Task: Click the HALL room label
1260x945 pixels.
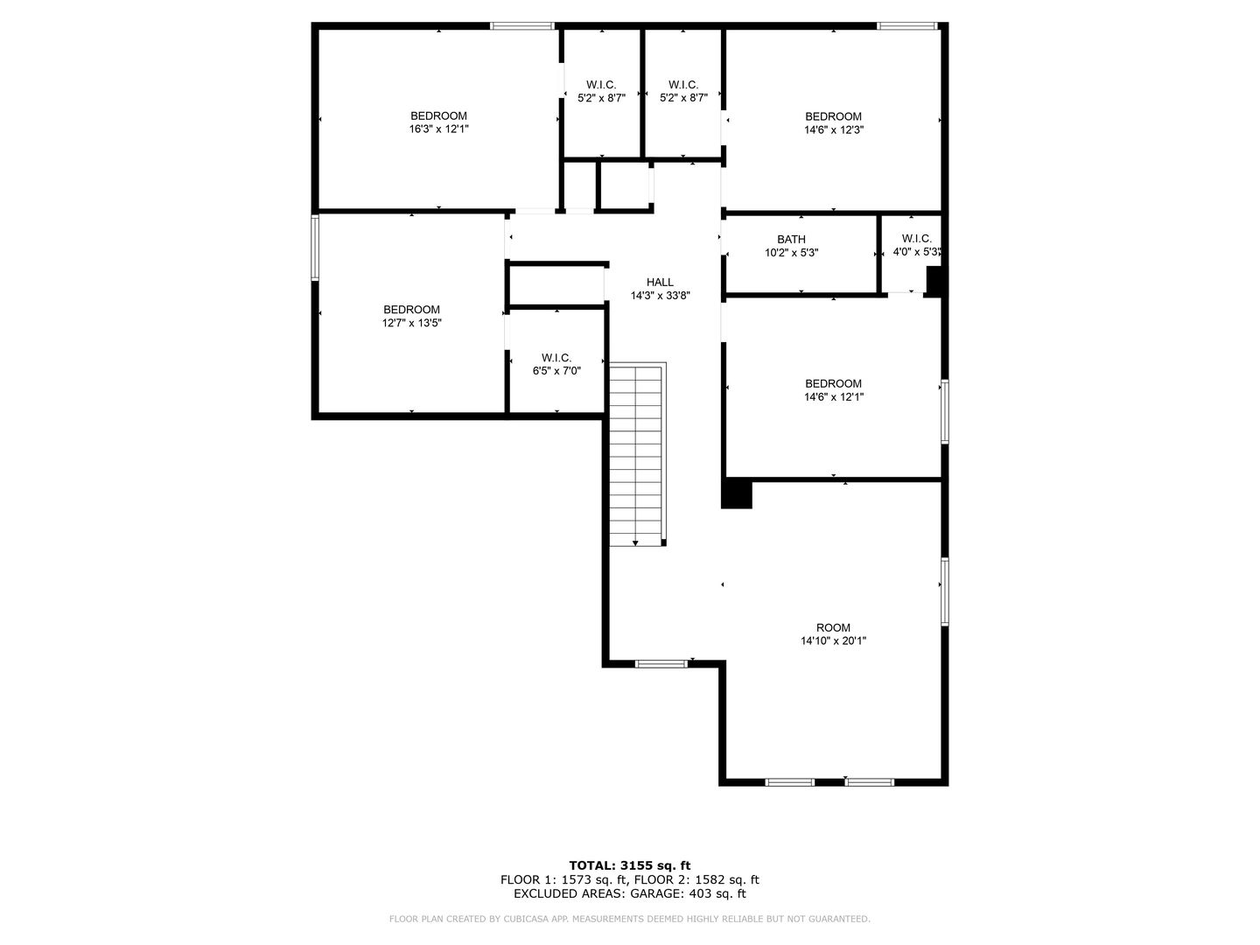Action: click(x=660, y=283)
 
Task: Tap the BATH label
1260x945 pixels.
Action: click(x=791, y=239)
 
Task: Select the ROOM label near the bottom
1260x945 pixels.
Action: click(x=833, y=627)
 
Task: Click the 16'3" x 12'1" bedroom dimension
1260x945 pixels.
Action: click(x=438, y=129)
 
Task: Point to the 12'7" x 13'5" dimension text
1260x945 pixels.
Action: click(x=411, y=323)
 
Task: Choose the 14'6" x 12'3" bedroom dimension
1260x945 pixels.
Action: click(x=834, y=130)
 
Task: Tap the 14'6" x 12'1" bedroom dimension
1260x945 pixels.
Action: click(x=834, y=396)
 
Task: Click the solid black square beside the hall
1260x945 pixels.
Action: click(x=737, y=494)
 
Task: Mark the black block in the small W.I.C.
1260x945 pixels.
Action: click(x=934, y=281)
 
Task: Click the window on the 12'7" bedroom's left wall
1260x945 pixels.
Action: click(x=315, y=248)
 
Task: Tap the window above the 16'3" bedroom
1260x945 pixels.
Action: click(x=521, y=26)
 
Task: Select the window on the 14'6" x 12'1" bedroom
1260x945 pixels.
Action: click(x=944, y=411)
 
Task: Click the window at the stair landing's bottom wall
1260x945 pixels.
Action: click(x=661, y=664)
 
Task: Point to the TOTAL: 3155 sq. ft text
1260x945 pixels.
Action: click(x=630, y=865)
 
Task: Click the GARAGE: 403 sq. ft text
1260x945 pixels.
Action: click(x=689, y=893)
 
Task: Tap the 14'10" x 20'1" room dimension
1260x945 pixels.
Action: click(x=834, y=640)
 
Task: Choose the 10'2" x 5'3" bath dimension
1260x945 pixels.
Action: click(x=792, y=253)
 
